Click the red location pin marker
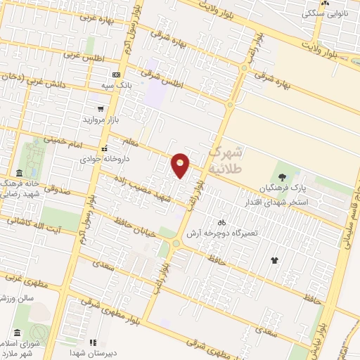point(181,166)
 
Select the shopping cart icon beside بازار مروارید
point(101,109)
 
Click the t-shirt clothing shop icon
point(274,261)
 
